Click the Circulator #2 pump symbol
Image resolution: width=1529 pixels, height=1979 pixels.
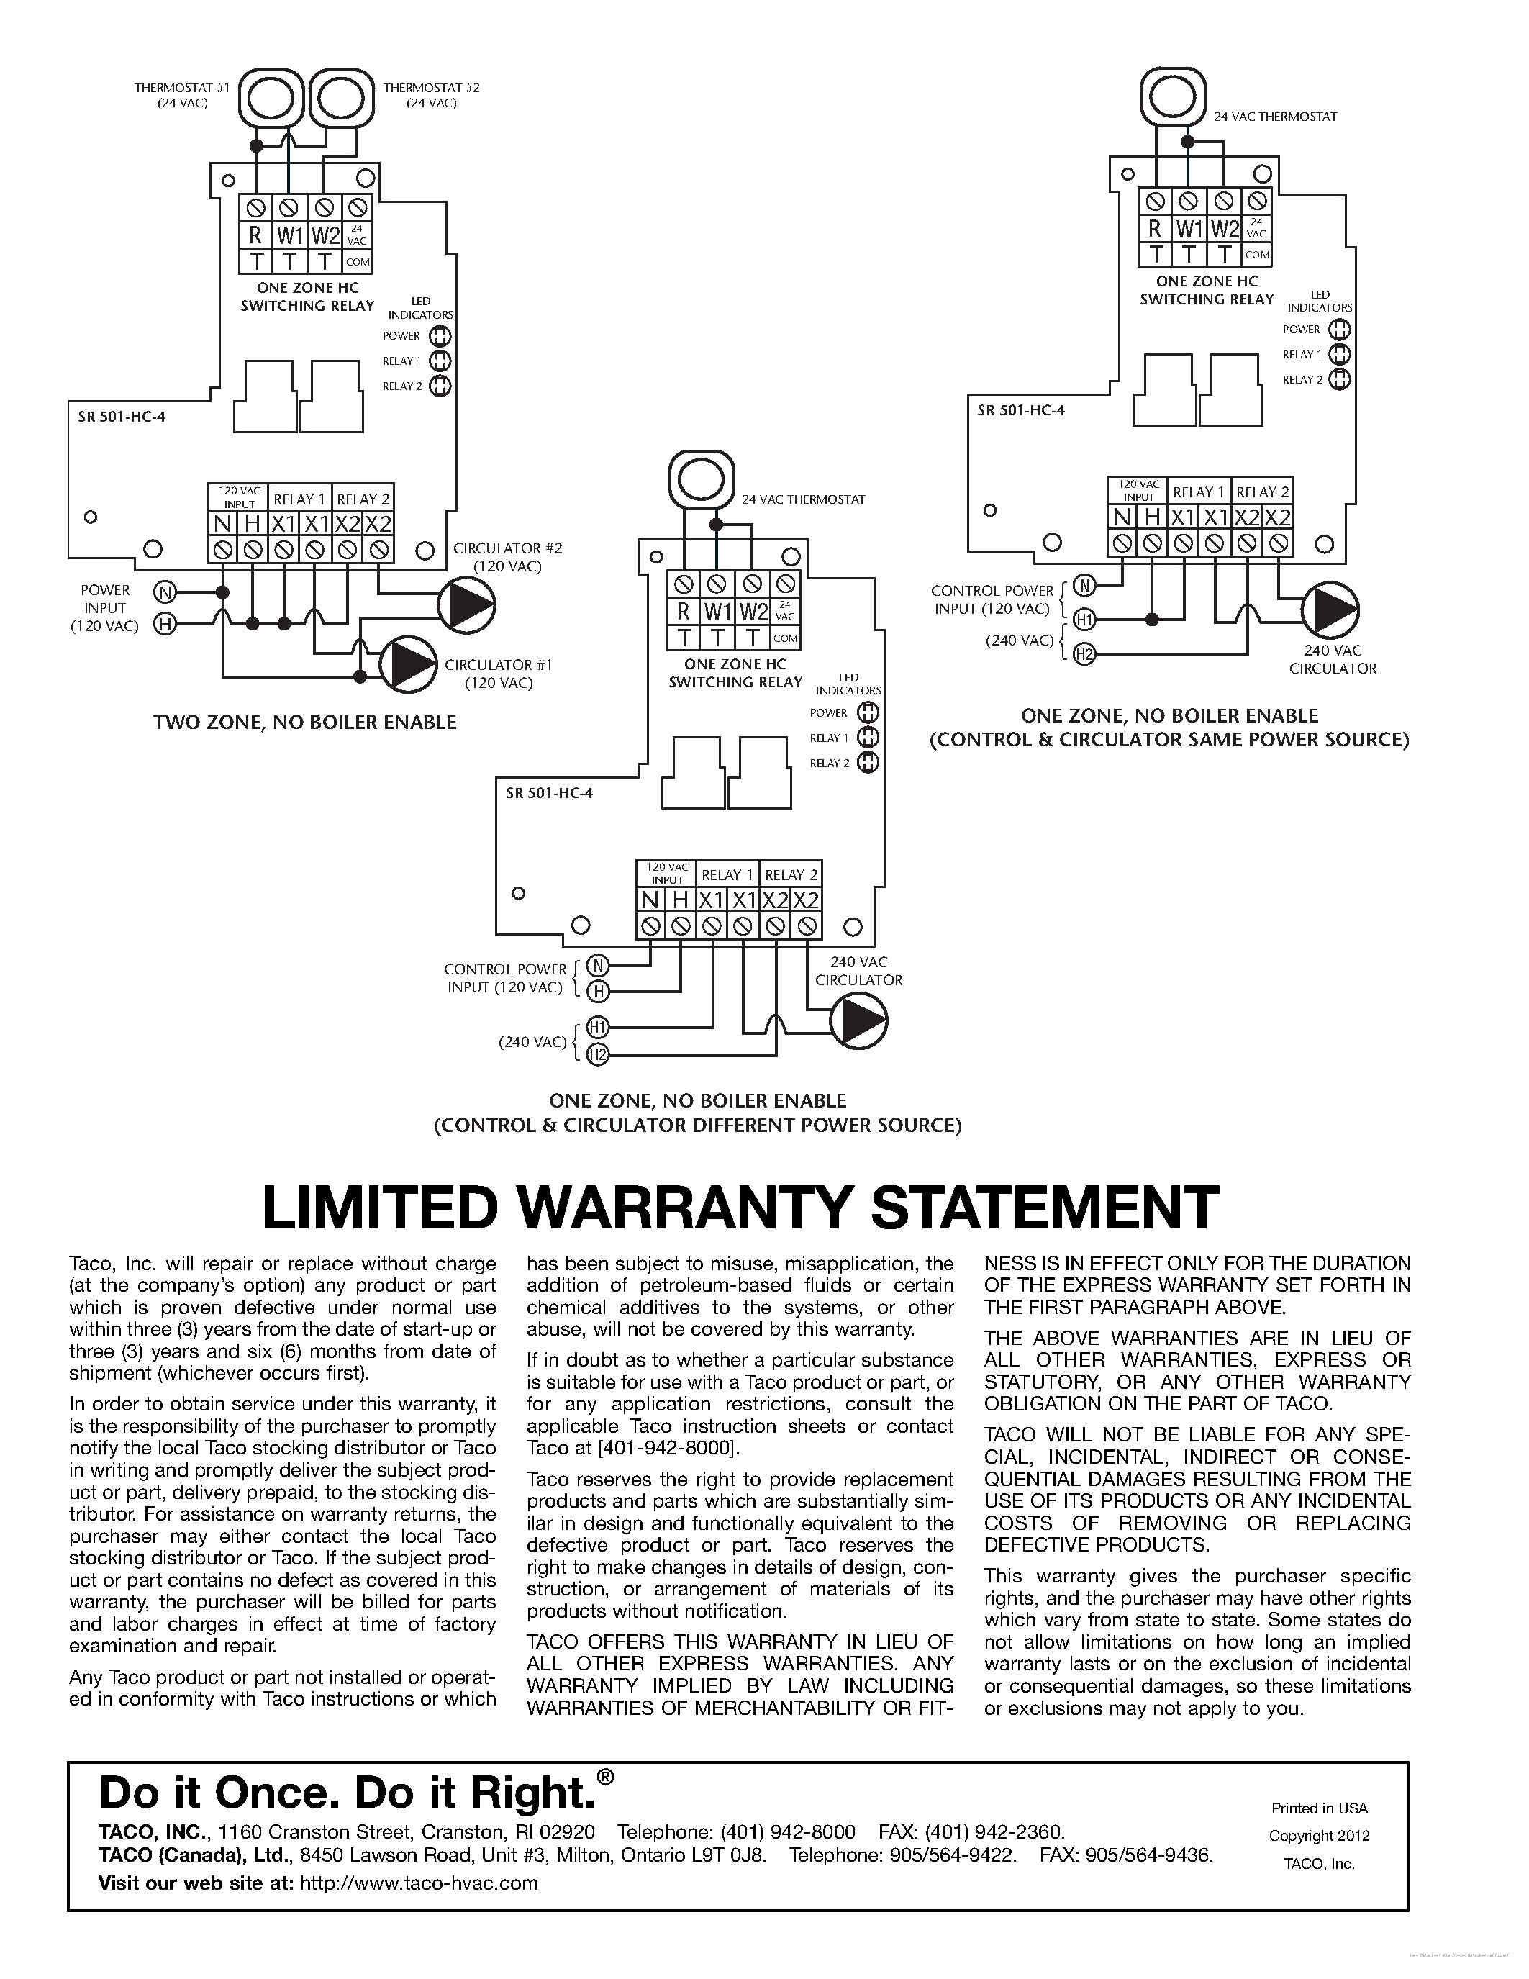[x=466, y=604]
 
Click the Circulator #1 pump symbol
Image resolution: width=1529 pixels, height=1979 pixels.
[x=407, y=666]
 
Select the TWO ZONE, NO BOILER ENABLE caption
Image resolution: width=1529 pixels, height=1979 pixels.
[x=304, y=723]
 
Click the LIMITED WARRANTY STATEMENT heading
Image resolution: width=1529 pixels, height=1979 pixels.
[x=739, y=1207]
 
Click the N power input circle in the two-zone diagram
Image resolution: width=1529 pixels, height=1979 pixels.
[x=164, y=592]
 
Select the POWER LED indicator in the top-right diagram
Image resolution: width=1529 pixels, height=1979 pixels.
[x=1340, y=330]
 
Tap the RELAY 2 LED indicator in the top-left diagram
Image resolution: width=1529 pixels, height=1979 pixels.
[x=440, y=386]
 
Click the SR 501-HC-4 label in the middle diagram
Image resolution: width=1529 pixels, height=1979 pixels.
[x=550, y=793]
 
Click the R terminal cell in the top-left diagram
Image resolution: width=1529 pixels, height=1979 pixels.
[x=255, y=235]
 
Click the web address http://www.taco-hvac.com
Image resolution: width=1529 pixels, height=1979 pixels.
[x=419, y=1883]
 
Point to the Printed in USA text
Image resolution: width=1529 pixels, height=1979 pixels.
[x=1319, y=1808]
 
